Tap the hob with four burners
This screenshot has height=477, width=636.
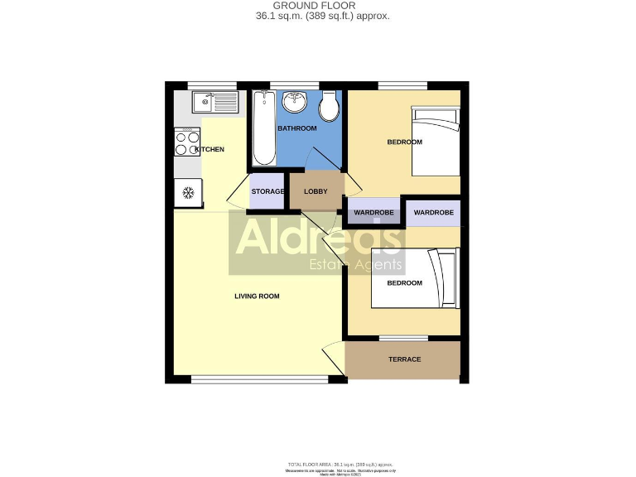(187, 143)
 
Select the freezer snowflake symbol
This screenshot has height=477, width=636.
(188, 193)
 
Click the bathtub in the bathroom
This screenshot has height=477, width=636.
(264, 128)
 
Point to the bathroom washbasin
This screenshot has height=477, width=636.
(294, 103)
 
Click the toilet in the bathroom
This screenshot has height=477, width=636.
(329, 105)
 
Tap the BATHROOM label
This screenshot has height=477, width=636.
(296, 128)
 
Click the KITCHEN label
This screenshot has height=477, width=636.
(209, 149)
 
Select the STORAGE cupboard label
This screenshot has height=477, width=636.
(267, 191)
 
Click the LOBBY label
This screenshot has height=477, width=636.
(316, 191)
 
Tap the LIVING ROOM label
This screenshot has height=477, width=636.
(257, 296)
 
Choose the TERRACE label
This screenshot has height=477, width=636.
(405, 359)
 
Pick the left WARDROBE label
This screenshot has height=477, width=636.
(374, 213)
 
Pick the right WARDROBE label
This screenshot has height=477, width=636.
(434, 213)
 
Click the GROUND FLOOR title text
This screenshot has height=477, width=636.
(322, 6)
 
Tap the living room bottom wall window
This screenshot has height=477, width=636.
(259, 379)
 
